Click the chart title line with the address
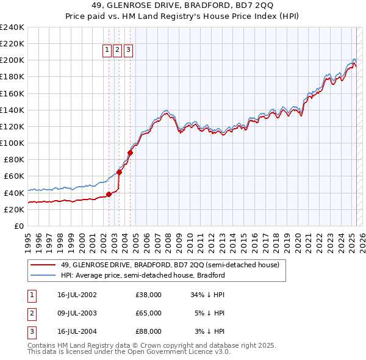click(182, 7)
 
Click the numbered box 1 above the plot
click(107, 51)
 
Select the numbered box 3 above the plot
click(129, 51)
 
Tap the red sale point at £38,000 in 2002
click(109, 195)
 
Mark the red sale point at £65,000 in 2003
click(120, 172)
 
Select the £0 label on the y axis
click(18, 226)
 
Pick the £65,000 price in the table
click(148, 313)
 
